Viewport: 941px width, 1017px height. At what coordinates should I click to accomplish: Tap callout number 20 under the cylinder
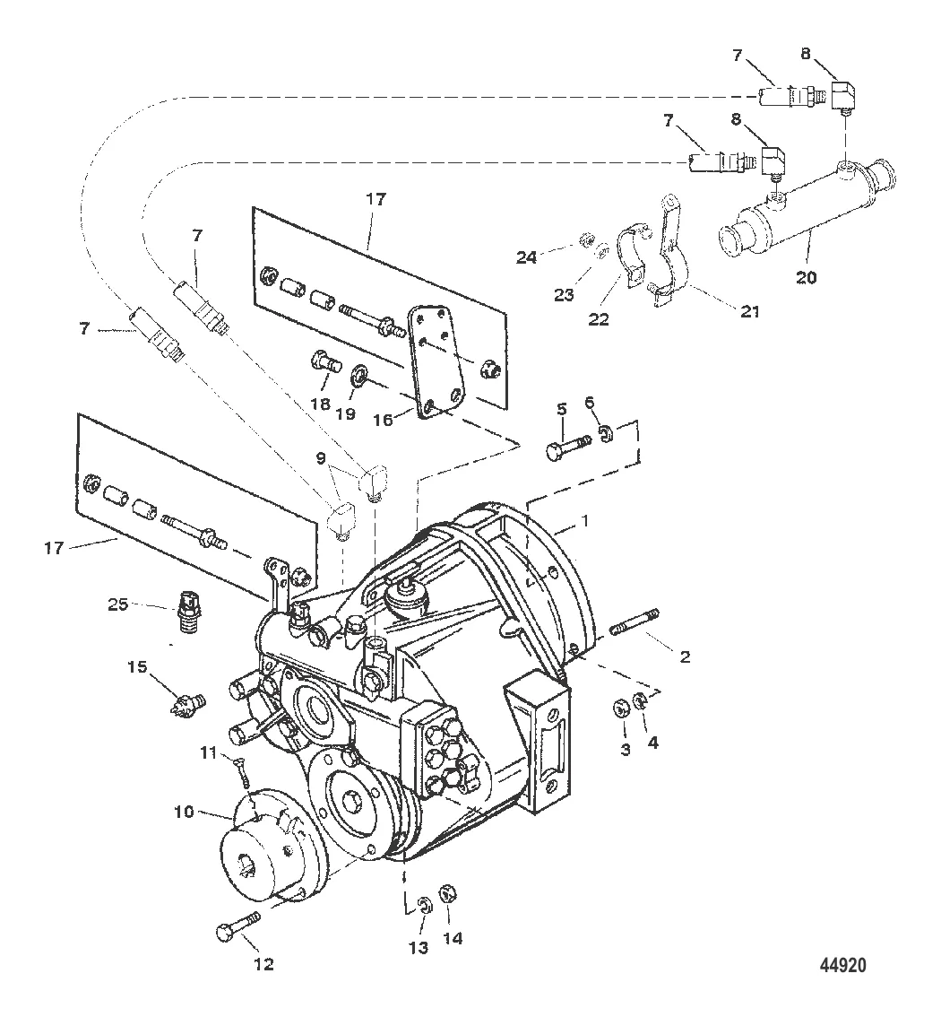click(807, 278)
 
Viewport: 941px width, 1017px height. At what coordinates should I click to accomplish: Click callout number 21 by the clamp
click(749, 311)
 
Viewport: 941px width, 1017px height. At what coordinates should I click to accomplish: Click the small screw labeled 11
click(241, 769)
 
